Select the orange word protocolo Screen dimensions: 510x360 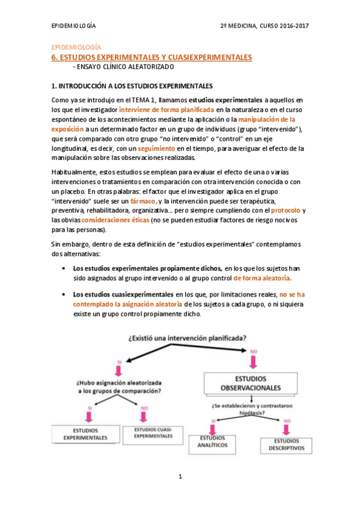tap(285, 210)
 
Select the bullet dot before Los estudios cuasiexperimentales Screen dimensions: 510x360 tap(64, 295)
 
